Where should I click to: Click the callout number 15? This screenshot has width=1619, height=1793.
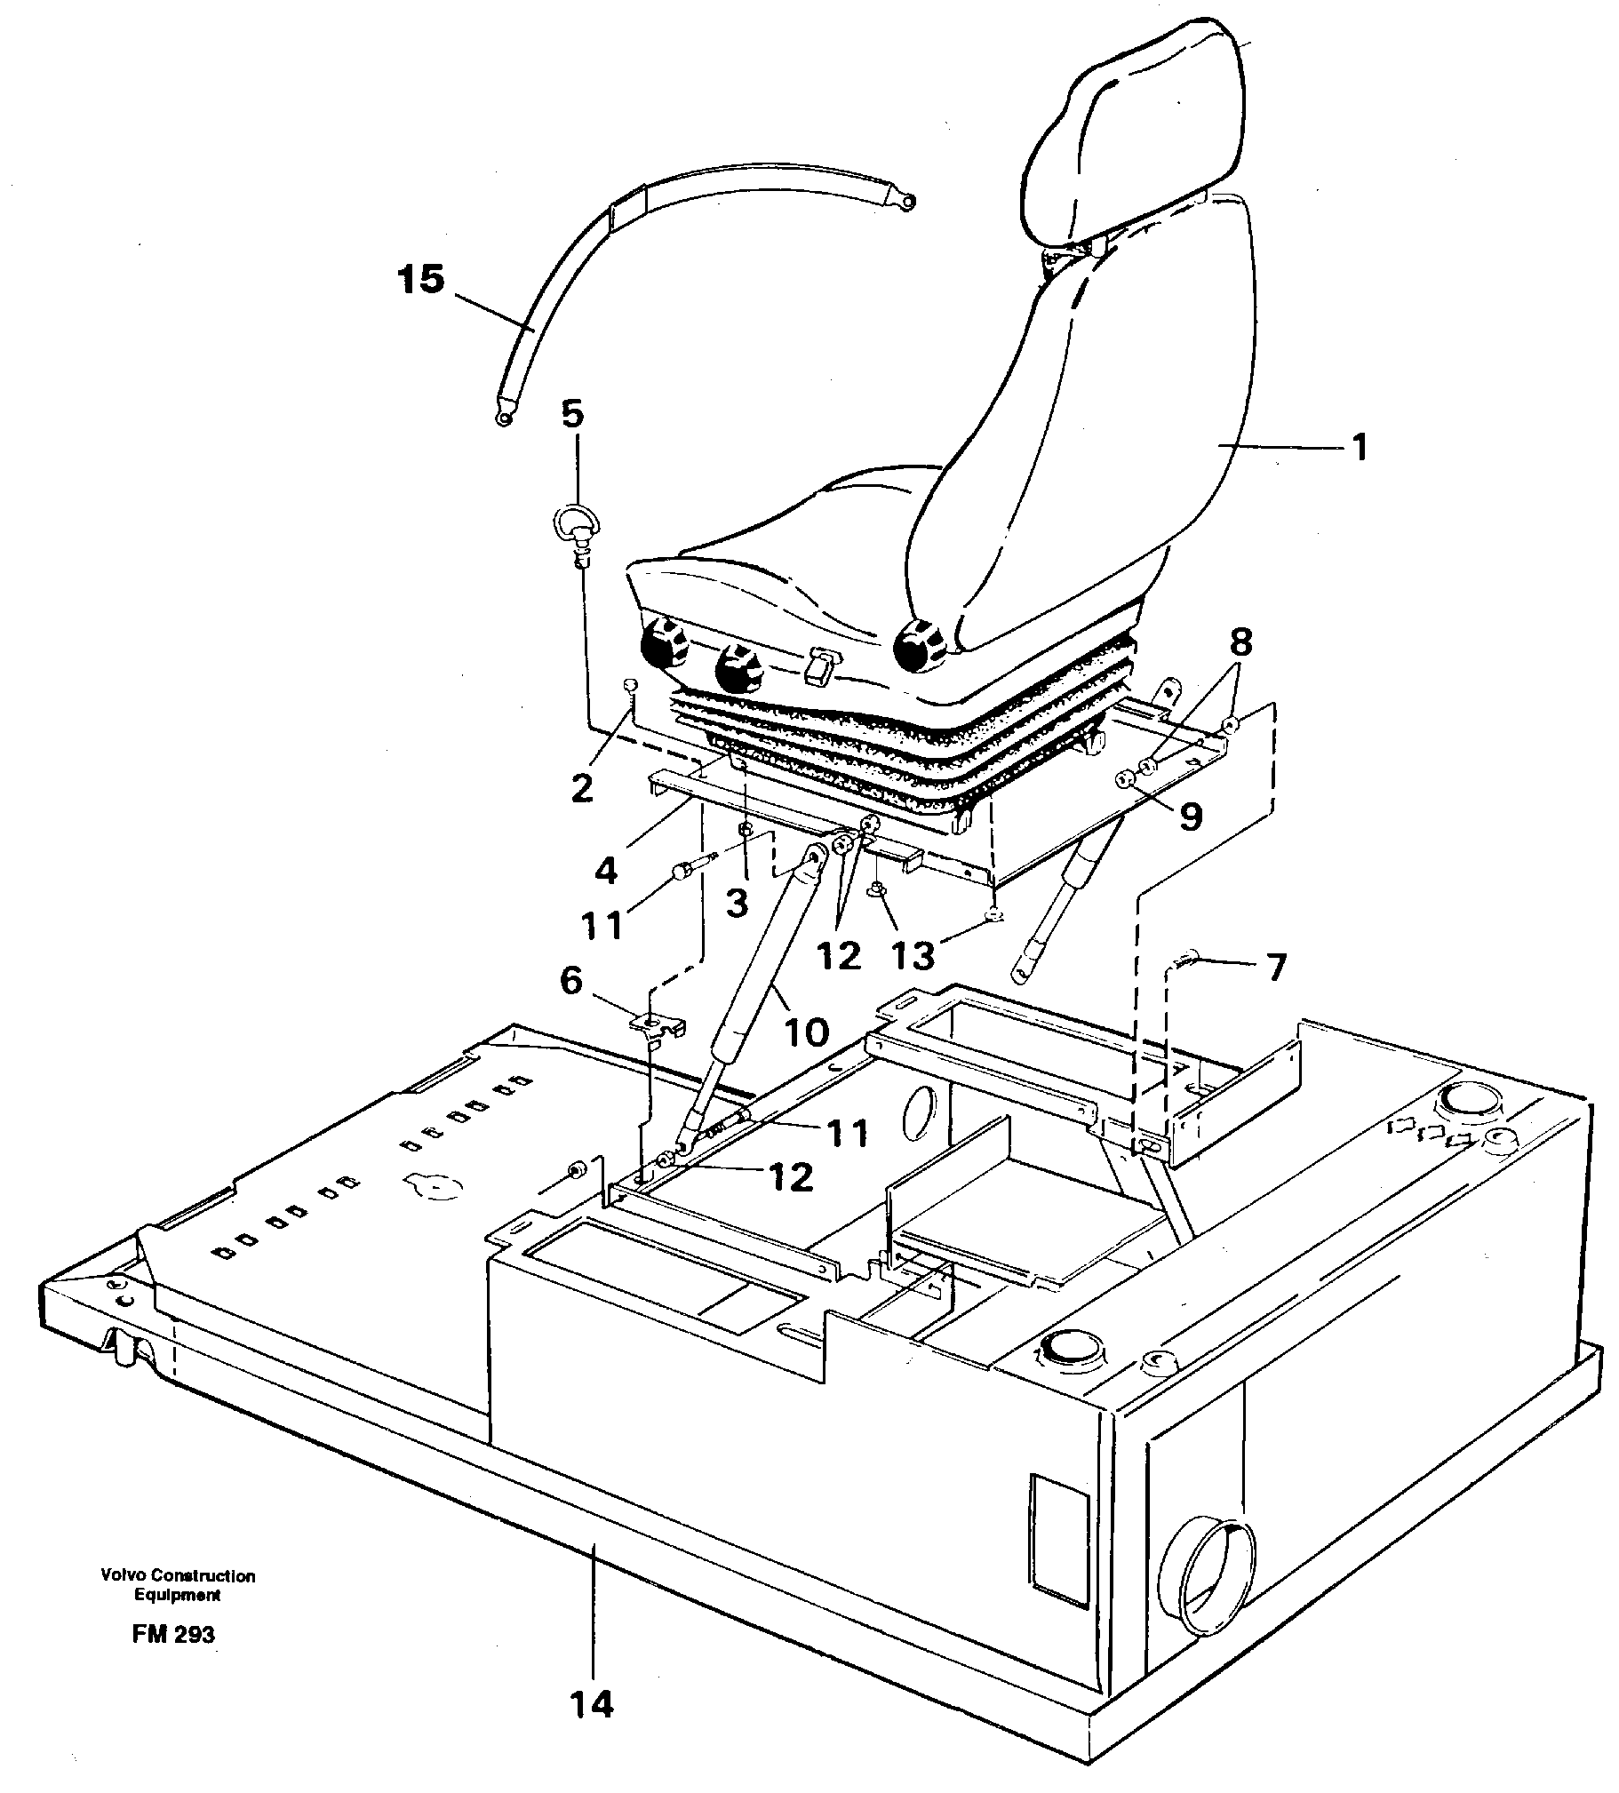pos(422,280)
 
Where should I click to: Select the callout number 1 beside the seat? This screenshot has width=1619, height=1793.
pos(1359,447)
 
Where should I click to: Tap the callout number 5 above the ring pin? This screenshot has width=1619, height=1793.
pos(573,414)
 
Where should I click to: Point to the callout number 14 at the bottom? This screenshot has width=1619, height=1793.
pos(592,1704)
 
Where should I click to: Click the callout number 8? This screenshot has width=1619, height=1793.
pos(1241,641)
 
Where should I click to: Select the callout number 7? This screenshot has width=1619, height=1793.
pos(1277,968)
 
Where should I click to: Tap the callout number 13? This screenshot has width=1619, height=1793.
pos(913,955)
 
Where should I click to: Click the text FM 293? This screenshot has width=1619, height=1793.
pos(174,1634)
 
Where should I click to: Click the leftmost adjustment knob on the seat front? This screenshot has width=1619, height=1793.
pos(663,643)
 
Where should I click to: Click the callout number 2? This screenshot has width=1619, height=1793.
pos(582,788)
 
